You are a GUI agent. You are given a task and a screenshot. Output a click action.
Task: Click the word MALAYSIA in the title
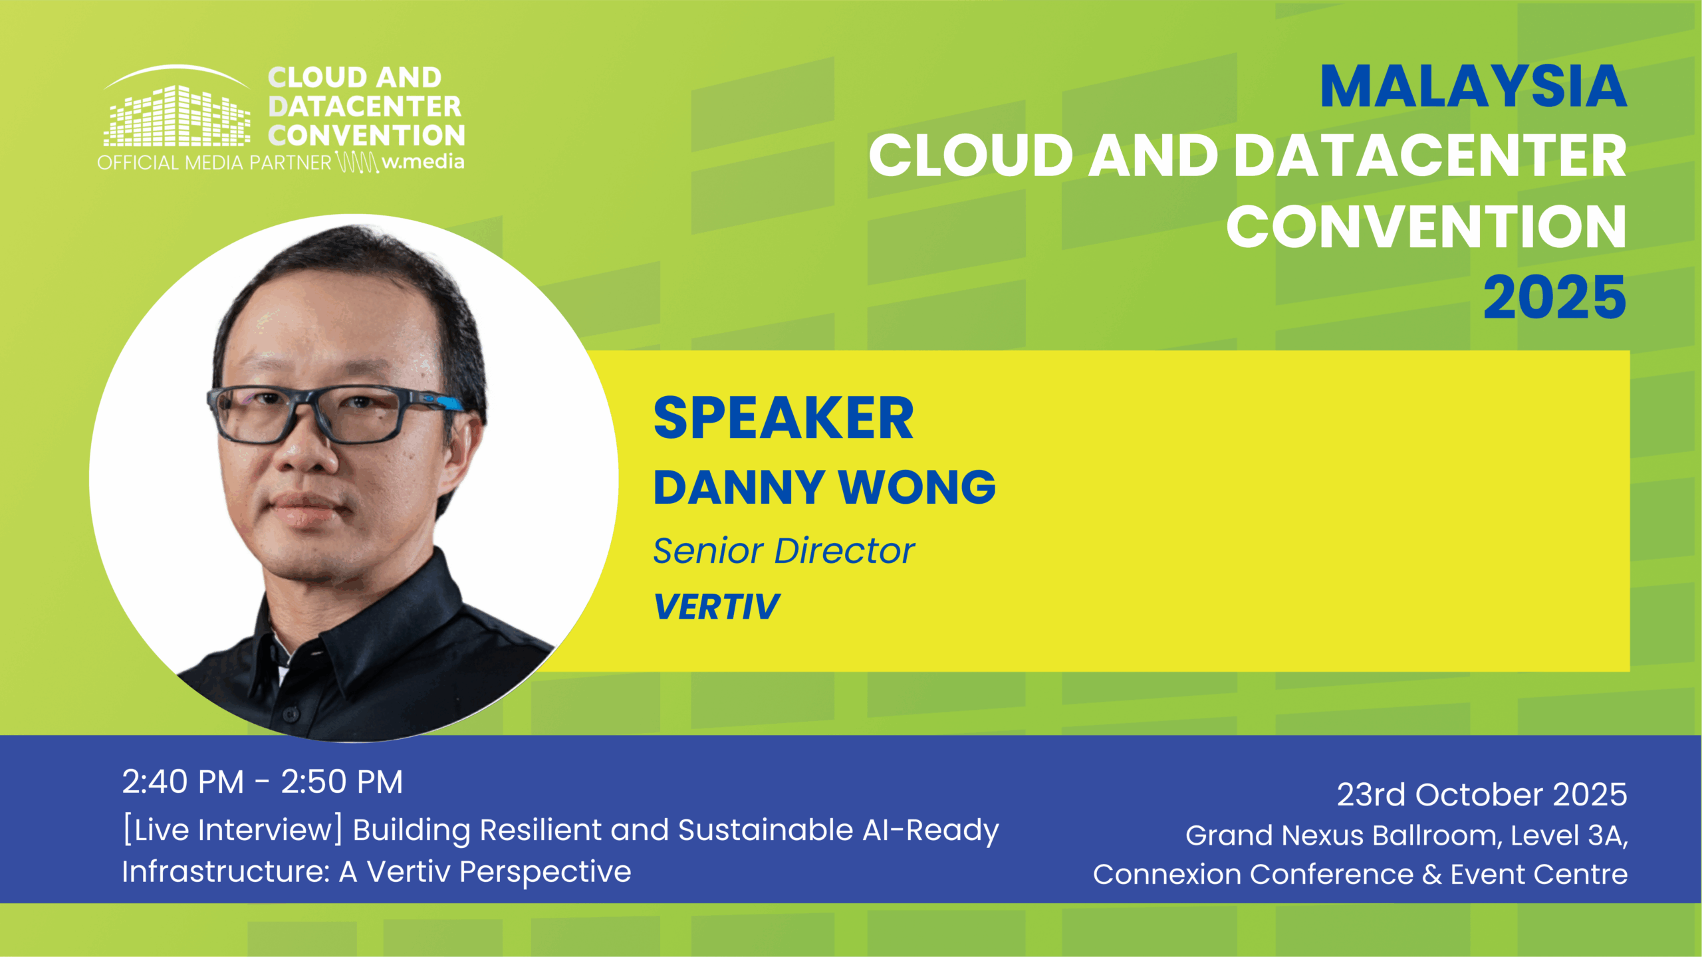tap(1473, 86)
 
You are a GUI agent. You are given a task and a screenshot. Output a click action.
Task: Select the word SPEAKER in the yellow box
tap(783, 418)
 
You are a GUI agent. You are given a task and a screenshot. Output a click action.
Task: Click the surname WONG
tap(917, 487)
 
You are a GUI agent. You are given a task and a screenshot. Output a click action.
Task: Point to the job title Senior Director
tap(784, 550)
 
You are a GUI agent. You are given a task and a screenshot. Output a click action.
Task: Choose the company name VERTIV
tap(717, 606)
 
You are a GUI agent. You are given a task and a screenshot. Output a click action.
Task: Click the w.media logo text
tap(423, 161)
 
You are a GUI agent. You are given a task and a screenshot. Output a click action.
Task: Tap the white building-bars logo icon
tap(177, 106)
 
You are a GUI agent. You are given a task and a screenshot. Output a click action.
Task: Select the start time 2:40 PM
tap(183, 782)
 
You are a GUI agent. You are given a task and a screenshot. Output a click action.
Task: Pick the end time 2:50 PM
tap(342, 782)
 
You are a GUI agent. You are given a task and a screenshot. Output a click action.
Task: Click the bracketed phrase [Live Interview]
tap(233, 830)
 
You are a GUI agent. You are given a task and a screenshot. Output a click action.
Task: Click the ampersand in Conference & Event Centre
tap(1432, 874)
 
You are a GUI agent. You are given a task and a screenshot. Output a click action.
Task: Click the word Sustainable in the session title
tap(765, 830)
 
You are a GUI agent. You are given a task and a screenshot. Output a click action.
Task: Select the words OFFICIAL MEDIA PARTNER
tap(214, 162)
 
